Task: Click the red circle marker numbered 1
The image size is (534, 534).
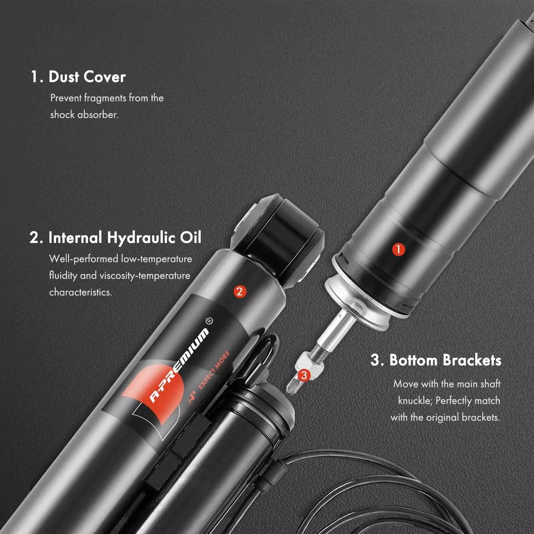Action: click(x=398, y=249)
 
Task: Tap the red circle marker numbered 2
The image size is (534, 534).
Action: click(x=239, y=292)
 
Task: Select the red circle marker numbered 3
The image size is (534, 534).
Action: click(x=304, y=375)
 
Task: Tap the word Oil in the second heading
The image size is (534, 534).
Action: click(x=191, y=237)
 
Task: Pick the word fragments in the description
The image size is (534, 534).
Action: click(x=105, y=98)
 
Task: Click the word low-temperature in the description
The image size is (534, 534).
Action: click(x=157, y=259)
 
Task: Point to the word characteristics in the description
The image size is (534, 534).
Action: click(x=80, y=292)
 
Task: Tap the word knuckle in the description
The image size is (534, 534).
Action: click(x=415, y=400)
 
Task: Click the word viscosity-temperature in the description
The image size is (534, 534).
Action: click(x=145, y=276)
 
